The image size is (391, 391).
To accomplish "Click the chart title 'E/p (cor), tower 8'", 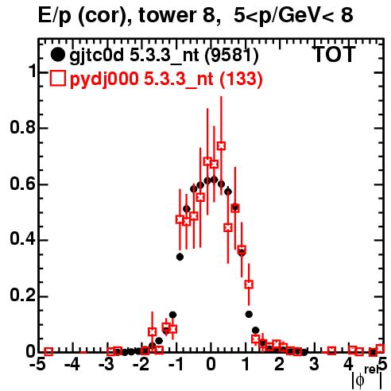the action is click(126, 16).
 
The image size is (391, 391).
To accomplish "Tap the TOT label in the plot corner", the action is click(334, 54).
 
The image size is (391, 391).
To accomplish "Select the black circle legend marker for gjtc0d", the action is click(57, 55).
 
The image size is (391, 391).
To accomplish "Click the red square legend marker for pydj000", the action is click(57, 79).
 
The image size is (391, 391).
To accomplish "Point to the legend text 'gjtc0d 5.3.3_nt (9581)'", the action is click(164, 56).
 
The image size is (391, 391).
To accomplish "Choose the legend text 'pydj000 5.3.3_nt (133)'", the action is click(166, 79).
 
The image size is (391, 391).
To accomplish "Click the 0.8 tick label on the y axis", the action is click(22, 127).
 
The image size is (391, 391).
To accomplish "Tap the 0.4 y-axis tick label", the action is click(22, 239).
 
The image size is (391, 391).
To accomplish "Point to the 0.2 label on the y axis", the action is click(22, 296).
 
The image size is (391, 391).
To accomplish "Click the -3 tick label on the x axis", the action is click(106, 365).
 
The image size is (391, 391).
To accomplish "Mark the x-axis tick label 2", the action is click(280, 365).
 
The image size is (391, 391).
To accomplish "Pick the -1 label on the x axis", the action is click(176, 365).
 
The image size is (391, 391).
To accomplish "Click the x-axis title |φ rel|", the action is click(366, 378).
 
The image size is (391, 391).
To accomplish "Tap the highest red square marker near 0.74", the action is click(221, 145).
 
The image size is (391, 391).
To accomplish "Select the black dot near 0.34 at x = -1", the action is click(180, 257).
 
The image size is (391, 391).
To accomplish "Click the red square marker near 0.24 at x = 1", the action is click(249, 285).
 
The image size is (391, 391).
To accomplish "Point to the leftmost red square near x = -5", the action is click(48, 351).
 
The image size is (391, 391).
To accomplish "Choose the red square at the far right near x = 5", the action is click(380, 348).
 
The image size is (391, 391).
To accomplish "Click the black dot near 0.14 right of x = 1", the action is click(249, 314).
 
